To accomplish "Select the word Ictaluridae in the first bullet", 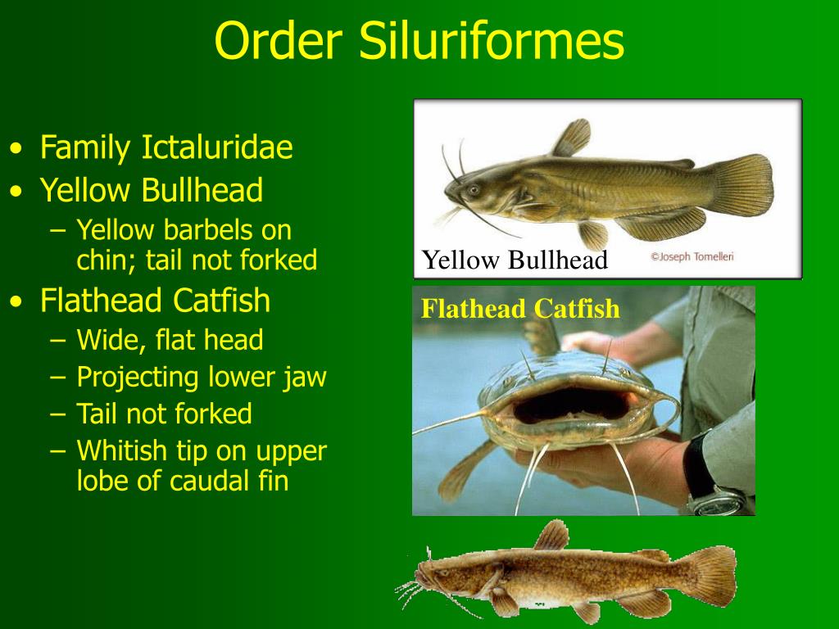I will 217,148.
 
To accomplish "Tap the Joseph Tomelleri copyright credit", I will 692,256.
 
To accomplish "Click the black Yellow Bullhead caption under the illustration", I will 515,260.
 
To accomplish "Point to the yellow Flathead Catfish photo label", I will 520,309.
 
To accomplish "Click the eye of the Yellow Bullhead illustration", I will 474,190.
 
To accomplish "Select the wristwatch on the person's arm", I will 713,488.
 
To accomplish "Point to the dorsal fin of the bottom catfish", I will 552,536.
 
